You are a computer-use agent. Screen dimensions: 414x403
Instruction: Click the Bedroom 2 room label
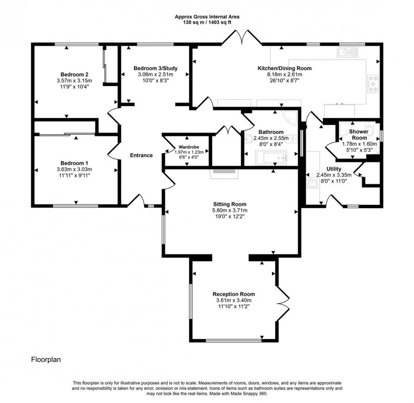[x=74, y=74]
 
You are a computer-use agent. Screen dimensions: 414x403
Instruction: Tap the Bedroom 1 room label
[x=74, y=163]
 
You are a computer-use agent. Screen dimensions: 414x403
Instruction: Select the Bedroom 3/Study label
[x=155, y=68]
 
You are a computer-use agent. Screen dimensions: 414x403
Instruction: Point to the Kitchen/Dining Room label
[x=285, y=68]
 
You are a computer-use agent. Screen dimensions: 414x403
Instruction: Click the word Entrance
[x=141, y=155]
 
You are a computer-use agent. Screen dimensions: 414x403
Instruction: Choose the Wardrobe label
[x=189, y=147]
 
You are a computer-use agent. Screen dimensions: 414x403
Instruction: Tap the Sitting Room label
[x=230, y=204]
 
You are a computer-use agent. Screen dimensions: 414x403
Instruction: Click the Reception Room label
[x=234, y=294]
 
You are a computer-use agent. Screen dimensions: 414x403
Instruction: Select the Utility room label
[x=334, y=169]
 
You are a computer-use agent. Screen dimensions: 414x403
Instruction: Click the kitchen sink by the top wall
[x=347, y=52]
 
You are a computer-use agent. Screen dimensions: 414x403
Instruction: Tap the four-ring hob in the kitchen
[x=373, y=84]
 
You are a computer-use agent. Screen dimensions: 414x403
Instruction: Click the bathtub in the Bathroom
[x=271, y=158]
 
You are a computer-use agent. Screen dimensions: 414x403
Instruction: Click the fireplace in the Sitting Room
[x=224, y=173]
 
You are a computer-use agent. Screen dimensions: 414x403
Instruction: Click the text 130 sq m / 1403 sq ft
[x=207, y=22]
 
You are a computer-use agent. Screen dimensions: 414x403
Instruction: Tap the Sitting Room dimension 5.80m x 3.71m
[x=230, y=210]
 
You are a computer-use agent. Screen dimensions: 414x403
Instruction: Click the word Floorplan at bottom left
[x=46, y=359]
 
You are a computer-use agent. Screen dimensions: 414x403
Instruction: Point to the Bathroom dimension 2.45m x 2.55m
[x=271, y=138]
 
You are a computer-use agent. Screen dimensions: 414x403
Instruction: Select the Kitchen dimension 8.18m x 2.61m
[x=285, y=74]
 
